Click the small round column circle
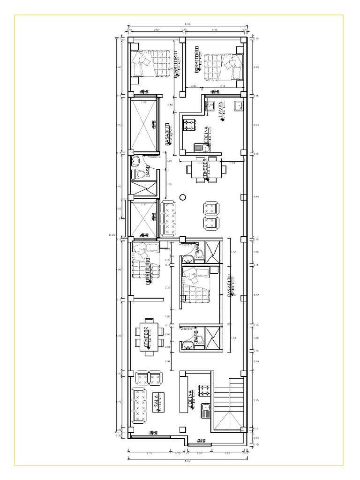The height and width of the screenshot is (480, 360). [x=183, y=197]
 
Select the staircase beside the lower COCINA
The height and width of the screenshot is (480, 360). [x=228, y=404]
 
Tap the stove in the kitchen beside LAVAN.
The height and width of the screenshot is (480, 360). [x=189, y=125]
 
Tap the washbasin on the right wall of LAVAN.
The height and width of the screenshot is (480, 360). [x=238, y=105]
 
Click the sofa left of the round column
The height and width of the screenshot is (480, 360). [x=168, y=217]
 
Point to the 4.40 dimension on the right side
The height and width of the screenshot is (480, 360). [x=256, y=197]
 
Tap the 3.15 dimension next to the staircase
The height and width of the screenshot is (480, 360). [x=256, y=400]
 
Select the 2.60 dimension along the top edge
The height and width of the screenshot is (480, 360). [x=157, y=30]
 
